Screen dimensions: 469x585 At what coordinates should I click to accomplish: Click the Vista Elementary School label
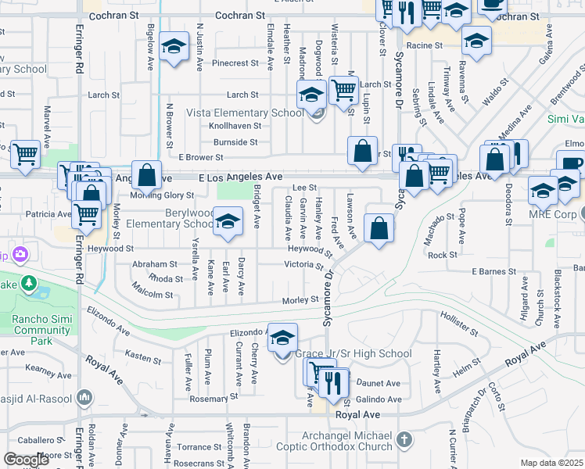pyautogui.click(x=245, y=113)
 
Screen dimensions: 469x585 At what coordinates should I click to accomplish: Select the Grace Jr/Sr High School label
pyautogui.click(x=353, y=354)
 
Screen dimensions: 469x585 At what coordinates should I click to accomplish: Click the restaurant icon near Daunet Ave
pyautogui.click(x=334, y=382)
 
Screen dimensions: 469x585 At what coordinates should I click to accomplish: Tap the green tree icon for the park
pyautogui.click(x=29, y=282)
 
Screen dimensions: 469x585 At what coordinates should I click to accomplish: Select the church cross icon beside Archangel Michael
pyautogui.click(x=404, y=439)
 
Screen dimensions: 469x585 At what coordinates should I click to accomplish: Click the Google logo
pyautogui.click(x=27, y=460)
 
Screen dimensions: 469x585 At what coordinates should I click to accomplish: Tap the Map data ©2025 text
pyautogui.click(x=551, y=463)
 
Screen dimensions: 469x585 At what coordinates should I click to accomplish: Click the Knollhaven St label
pyautogui.click(x=234, y=125)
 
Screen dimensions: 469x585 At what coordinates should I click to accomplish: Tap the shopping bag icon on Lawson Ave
pyautogui.click(x=379, y=228)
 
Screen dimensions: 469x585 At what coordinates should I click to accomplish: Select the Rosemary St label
pyautogui.click(x=207, y=399)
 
